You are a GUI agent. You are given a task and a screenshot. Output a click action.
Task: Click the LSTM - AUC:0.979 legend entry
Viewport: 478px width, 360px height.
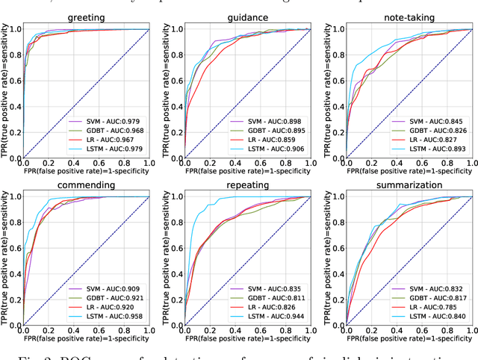(109, 150)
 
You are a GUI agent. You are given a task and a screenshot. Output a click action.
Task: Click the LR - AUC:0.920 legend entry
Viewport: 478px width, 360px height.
(109, 307)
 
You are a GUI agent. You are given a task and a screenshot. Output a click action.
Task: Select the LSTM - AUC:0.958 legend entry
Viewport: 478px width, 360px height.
(109, 317)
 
